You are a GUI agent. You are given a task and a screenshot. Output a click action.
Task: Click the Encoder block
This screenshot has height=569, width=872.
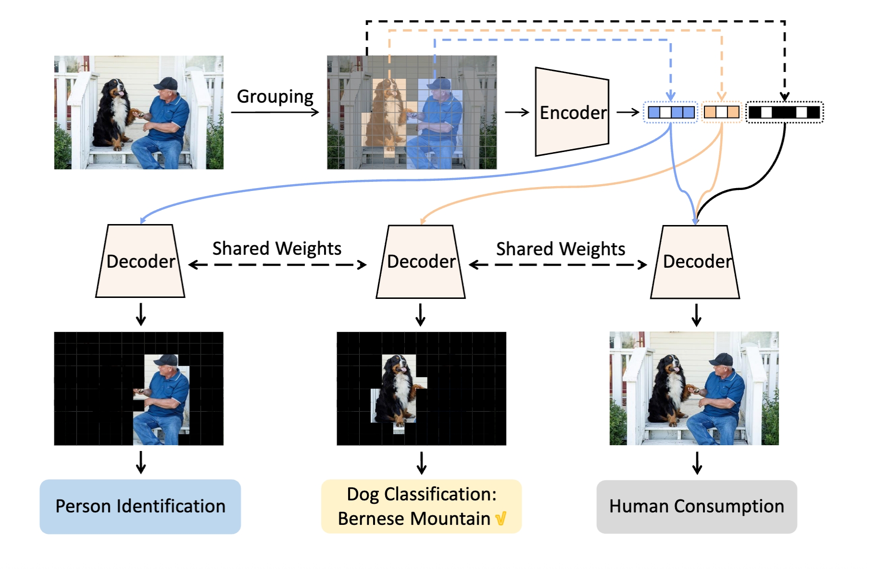[x=572, y=112]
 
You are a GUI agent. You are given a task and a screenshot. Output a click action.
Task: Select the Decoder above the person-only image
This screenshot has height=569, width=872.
[x=140, y=261]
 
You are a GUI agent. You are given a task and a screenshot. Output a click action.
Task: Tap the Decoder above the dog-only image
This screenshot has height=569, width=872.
[x=421, y=261]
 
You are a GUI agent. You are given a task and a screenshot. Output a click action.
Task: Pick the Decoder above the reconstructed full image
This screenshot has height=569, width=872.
[x=695, y=261]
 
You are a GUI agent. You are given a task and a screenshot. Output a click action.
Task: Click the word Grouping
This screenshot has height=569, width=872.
[x=275, y=96]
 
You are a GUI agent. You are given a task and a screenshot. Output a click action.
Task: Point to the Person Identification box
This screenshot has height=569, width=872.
[x=140, y=506]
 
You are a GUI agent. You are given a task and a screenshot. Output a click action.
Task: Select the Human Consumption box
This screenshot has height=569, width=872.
[x=696, y=506]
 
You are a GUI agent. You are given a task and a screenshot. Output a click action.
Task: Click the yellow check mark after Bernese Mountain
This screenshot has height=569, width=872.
[x=501, y=519]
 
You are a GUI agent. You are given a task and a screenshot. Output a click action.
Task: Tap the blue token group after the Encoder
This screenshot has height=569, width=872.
[x=670, y=113]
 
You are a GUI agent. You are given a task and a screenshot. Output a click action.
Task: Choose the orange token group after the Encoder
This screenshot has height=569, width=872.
[x=721, y=113]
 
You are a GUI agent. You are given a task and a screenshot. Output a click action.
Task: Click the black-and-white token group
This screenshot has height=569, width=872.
[x=784, y=113]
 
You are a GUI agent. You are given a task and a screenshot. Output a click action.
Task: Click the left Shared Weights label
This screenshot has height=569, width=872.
[x=277, y=249]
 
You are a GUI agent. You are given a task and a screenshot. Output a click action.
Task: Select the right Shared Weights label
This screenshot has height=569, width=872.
[x=560, y=249]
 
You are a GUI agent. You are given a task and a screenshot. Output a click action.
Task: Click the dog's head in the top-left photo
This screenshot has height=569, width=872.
[x=116, y=89]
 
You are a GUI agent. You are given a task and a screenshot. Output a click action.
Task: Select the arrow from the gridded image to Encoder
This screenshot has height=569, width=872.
[x=517, y=112]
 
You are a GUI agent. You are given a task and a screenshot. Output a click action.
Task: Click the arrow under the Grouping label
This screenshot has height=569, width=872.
[x=275, y=112]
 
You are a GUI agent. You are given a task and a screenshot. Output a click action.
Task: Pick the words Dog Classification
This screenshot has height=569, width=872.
[x=421, y=494]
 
